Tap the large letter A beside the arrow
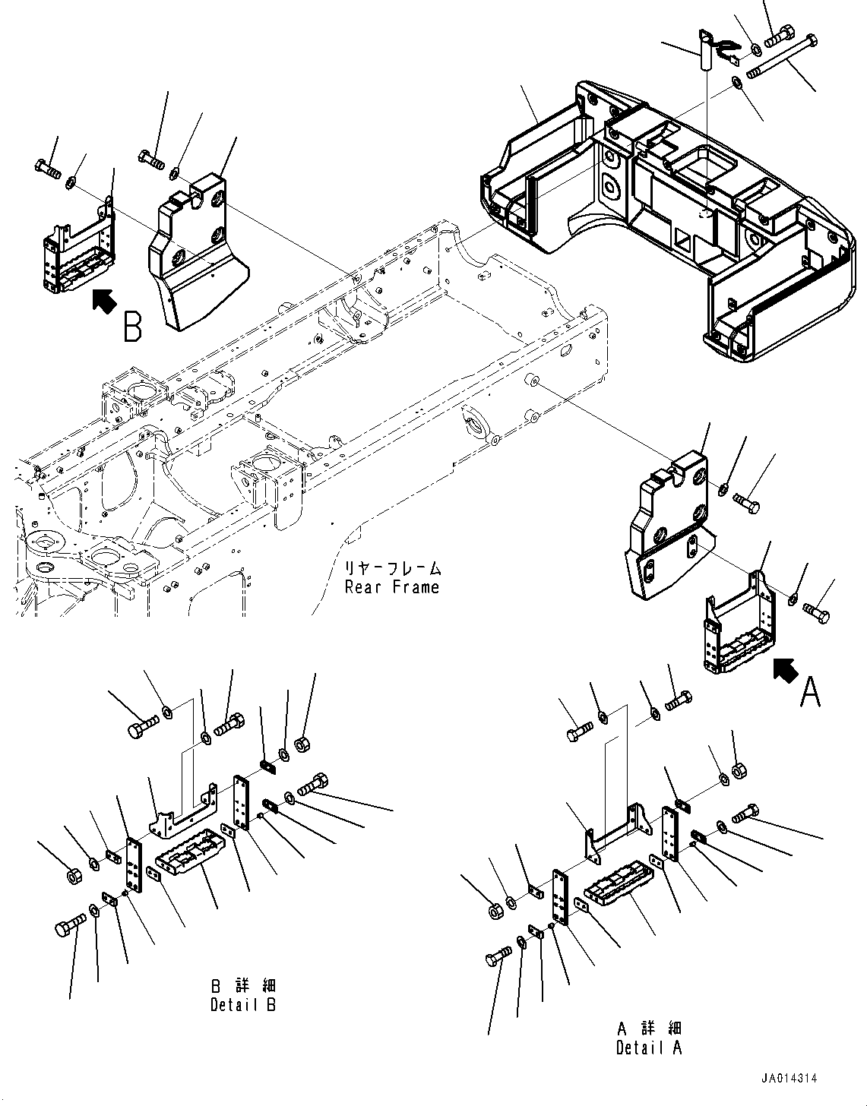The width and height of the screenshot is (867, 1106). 810,692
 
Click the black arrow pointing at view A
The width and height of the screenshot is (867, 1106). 786,669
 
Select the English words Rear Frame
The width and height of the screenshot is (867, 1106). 391,587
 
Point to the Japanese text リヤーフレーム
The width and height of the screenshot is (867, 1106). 393,568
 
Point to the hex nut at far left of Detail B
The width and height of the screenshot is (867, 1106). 74,877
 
